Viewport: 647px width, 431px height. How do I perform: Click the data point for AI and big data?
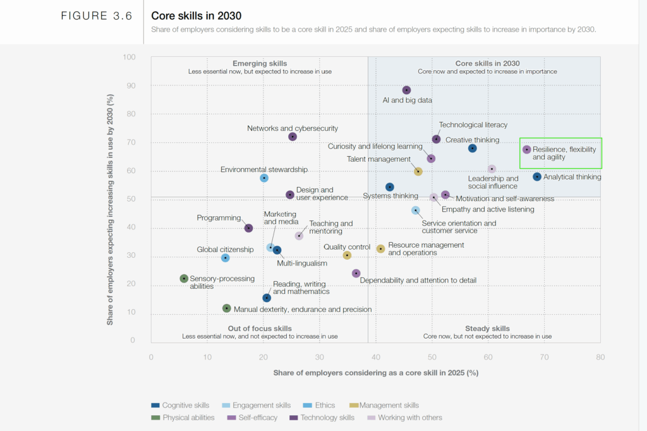406,90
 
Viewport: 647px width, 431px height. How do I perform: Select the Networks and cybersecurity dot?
293,137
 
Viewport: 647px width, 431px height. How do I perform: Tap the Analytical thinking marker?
537,177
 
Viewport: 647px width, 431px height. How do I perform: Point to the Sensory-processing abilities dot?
184,279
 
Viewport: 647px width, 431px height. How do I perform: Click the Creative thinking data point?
473,149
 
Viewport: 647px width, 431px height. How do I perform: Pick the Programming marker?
249,228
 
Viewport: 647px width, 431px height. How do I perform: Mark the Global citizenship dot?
226,258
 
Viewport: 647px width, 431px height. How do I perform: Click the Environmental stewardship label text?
263,169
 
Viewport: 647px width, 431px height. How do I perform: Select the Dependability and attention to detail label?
418,280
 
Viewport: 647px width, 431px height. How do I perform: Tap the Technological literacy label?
473,125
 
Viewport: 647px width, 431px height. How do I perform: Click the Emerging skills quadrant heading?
260,63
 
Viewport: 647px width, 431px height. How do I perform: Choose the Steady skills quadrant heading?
487,329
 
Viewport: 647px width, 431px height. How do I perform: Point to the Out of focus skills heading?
260,329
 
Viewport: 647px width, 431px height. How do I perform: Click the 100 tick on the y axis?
130,58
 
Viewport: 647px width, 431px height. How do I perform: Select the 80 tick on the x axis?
600,356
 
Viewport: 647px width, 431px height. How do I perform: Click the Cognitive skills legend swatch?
155,405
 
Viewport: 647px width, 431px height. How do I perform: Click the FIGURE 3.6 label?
97,16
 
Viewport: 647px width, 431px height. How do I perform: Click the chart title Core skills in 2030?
197,16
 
